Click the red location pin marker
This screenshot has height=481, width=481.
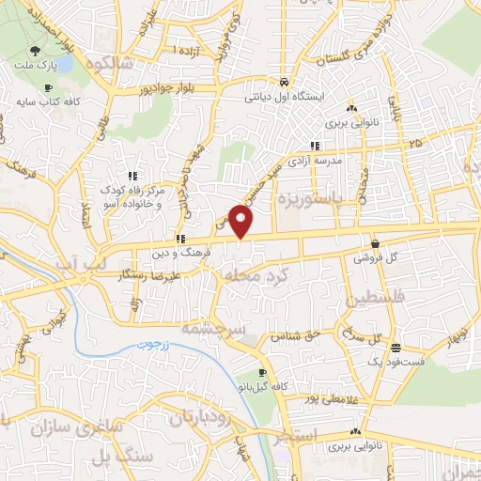(x=241, y=222)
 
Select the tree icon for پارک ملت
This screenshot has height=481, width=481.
(x=35, y=53)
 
